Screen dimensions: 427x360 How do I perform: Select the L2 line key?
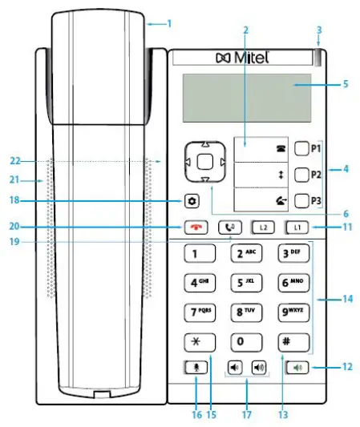point(262,227)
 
